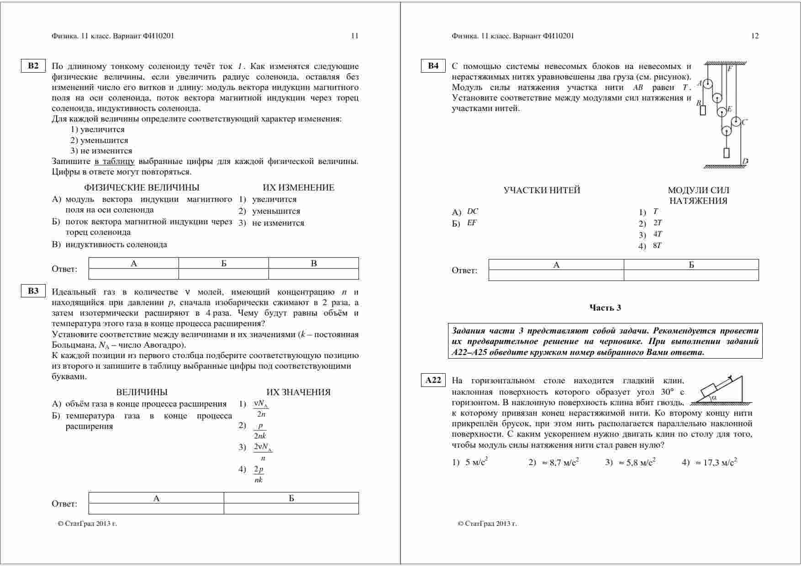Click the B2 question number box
point(33,66)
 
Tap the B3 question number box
point(33,291)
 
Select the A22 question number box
point(433,380)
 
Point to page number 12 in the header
point(754,36)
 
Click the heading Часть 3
point(605,307)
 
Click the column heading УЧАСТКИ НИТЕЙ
point(542,190)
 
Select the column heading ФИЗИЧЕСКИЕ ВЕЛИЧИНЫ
point(142,187)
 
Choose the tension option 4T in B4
point(657,234)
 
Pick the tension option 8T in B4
point(657,245)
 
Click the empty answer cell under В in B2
point(313,274)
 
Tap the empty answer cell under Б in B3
point(291,508)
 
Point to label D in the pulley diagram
point(745,161)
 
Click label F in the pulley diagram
point(730,69)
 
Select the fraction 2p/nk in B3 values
point(258,474)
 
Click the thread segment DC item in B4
point(473,212)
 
